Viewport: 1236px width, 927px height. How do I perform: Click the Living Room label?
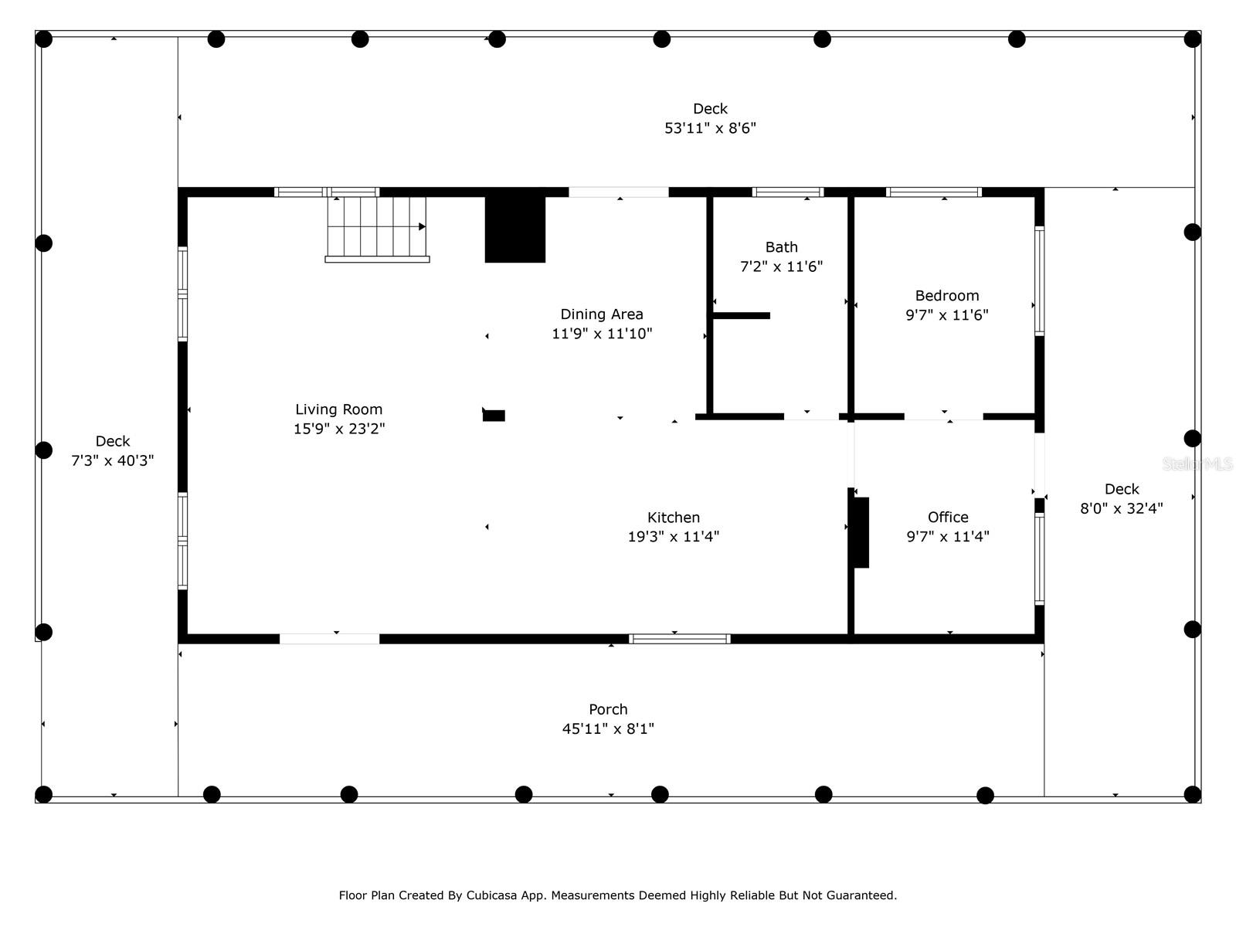click(x=338, y=409)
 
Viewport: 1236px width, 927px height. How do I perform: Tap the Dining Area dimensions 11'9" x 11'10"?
click(x=601, y=334)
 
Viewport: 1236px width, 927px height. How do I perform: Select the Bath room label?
click(x=781, y=247)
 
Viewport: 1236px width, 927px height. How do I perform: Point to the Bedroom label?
click(x=946, y=296)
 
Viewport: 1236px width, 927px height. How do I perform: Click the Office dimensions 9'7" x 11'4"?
click(x=948, y=536)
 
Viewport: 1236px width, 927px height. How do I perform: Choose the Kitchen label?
click(x=674, y=518)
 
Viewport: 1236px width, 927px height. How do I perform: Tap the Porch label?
click(x=608, y=709)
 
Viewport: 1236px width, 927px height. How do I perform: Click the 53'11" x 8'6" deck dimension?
click(x=710, y=128)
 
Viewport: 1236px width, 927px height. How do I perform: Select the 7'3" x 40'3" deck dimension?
click(x=112, y=460)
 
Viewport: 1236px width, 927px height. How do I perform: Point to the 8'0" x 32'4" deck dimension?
click(x=1121, y=508)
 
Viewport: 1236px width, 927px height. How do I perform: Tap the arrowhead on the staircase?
click(x=422, y=227)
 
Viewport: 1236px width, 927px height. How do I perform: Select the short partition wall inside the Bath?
click(x=741, y=316)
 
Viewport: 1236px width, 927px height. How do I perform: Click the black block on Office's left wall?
click(x=861, y=532)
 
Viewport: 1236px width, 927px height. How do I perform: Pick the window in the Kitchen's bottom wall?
click(x=679, y=639)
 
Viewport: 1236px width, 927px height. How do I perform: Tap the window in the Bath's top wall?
click(x=787, y=192)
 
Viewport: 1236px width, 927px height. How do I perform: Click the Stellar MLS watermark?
click(x=1197, y=463)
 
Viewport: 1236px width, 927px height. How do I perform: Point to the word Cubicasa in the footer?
click(x=491, y=895)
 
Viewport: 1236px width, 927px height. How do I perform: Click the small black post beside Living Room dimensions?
click(x=494, y=416)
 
